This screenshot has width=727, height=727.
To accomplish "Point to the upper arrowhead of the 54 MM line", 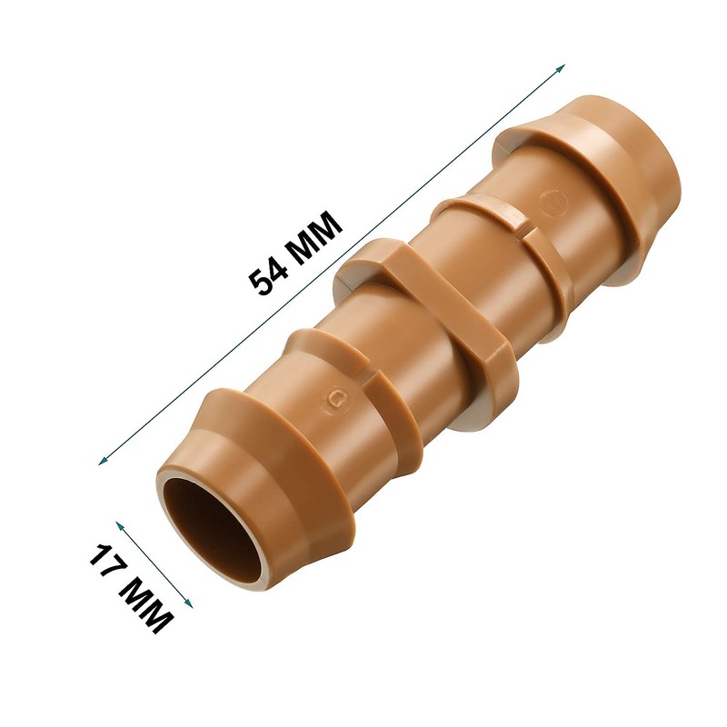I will pyautogui.click(x=563, y=67).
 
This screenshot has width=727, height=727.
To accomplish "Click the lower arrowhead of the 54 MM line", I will pyautogui.click(x=101, y=463).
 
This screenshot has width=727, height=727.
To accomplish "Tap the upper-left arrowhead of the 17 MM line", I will pyautogui.click(x=119, y=524).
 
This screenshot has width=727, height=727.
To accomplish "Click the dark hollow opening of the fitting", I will pyautogui.click(x=207, y=528).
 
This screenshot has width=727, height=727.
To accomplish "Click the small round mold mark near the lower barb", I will pyautogui.click(x=338, y=396).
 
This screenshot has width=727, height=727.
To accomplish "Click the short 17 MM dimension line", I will pyautogui.click(x=154, y=564).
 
